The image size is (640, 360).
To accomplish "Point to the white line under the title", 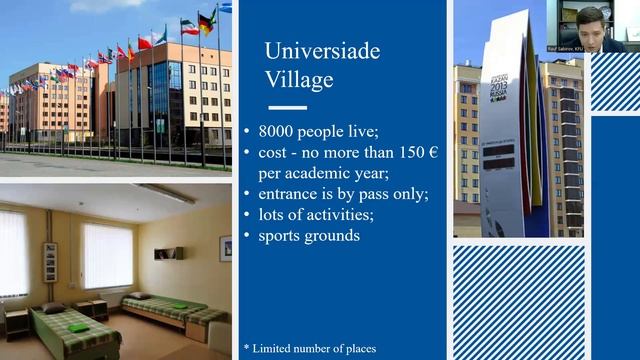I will click(x=288, y=107).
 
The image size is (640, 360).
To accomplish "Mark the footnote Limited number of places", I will click(x=314, y=348).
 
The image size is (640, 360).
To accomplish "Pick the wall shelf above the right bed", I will click(x=167, y=254).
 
